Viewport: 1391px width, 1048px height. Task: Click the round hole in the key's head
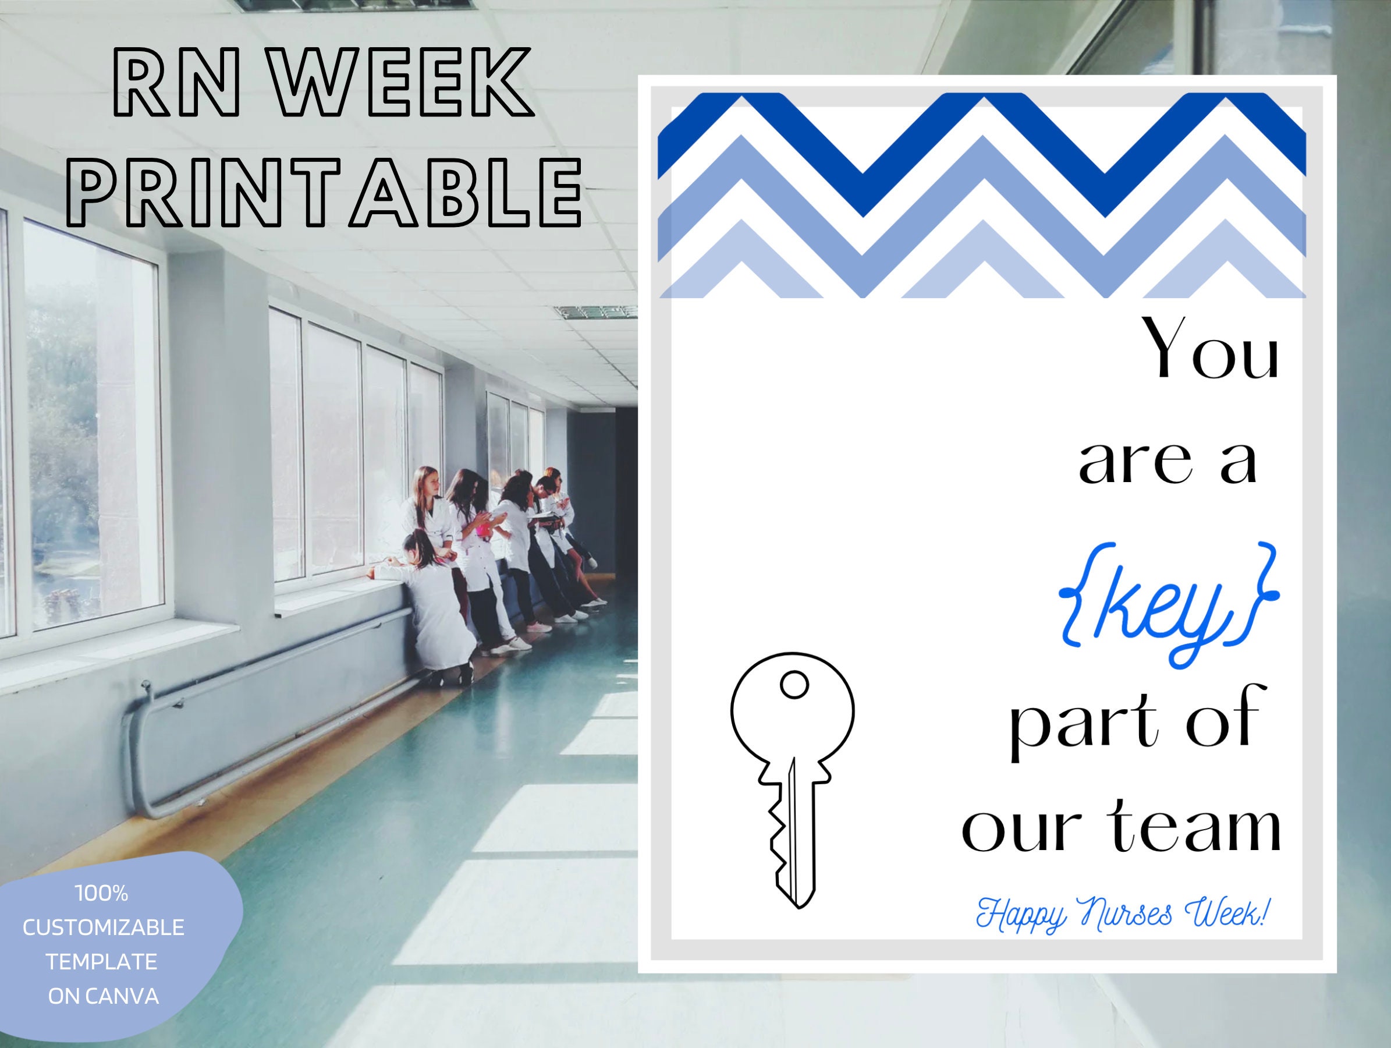(x=794, y=685)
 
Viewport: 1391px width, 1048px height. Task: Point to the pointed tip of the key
(x=798, y=908)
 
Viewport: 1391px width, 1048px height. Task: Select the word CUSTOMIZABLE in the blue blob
(x=104, y=927)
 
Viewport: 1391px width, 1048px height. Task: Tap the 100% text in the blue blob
(x=102, y=893)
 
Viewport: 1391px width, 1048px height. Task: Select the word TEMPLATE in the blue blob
(x=102, y=962)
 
